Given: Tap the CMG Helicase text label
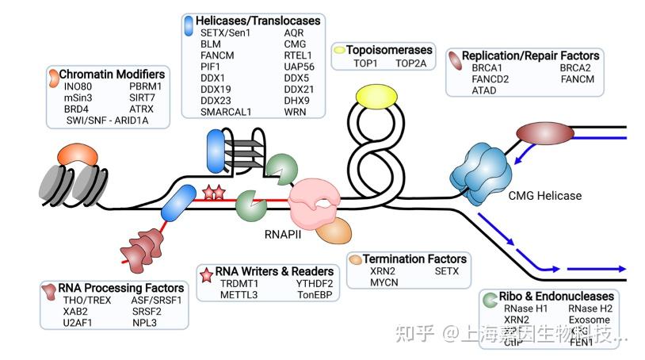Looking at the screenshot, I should tap(544, 196).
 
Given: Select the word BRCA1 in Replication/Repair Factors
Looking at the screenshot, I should tap(488, 69).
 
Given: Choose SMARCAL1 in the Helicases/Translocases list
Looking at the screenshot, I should tap(226, 112).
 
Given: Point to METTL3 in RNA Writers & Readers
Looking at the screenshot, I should tap(239, 295).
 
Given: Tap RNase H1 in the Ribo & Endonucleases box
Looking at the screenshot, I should tap(524, 308).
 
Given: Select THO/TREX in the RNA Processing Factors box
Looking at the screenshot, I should tap(82, 300).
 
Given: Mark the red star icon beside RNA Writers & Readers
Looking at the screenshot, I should tap(208, 271).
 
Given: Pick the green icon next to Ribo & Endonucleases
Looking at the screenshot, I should tap(490, 297).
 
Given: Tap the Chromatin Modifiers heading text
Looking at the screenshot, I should tap(112, 74).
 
